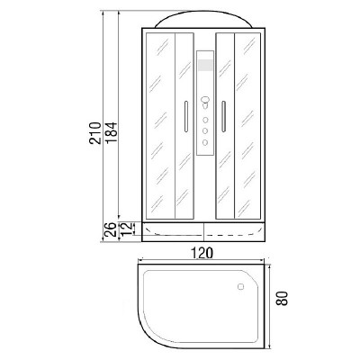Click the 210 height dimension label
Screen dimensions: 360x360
pyautogui.click(x=94, y=133)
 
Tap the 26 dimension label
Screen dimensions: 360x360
pyautogui.click(x=110, y=229)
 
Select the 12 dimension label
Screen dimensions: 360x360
pyautogui.click(x=127, y=229)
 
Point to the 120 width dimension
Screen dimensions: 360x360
pyautogui.click(x=202, y=253)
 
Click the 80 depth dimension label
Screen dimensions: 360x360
pyautogui.click(x=282, y=298)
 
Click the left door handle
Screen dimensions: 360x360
pyautogui.click(x=186, y=116)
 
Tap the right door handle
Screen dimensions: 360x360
pyautogui.click(x=223, y=116)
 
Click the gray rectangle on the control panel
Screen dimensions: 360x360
pyautogui.click(x=205, y=66)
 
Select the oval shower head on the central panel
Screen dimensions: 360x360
pyautogui.click(x=205, y=100)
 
